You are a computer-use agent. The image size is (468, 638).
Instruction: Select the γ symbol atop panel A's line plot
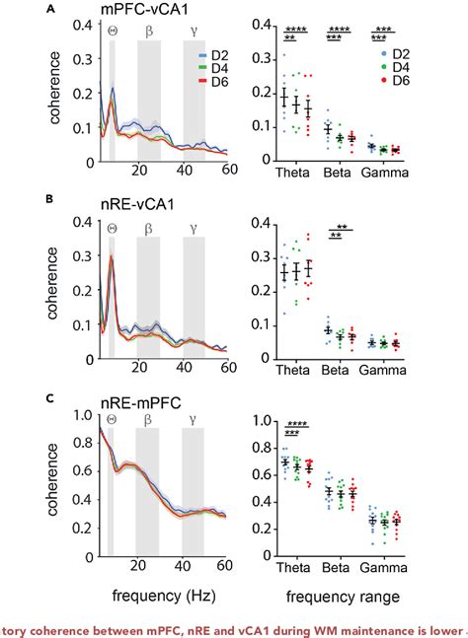point(192,32)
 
